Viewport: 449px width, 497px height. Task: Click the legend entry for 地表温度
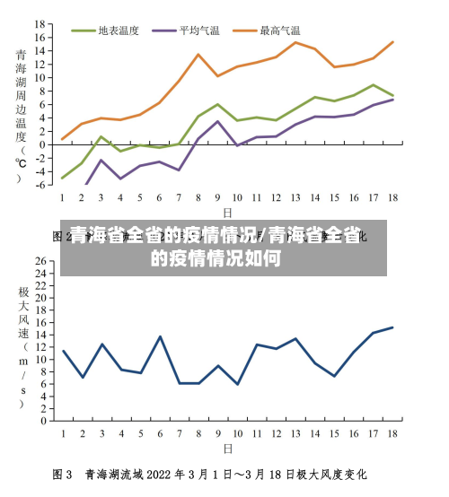[x=118, y=31]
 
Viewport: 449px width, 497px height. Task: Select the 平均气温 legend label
[x=199, y=31]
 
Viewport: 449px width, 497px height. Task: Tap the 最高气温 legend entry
[x=279, y=31]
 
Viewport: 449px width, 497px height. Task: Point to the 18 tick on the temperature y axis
[x=40, y=23]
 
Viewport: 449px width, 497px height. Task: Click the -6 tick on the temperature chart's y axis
[x=40, y=185]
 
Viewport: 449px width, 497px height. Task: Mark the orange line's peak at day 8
[x=198, y=55]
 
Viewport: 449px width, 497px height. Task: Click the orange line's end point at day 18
[x=392, y=42]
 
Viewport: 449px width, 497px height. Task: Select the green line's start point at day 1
[x=62, y=179]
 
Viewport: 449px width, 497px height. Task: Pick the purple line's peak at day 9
[x=217, y=121]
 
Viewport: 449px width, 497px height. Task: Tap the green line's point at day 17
[x=374, y=85]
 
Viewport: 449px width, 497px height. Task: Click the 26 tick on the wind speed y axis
[x=40, y=261]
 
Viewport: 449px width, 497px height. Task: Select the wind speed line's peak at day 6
[x=160, y=336]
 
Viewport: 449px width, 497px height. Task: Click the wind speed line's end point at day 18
[x=392, y=327]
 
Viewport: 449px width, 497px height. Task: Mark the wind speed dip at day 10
[x=237, y=384]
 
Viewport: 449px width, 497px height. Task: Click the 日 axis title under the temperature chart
[x=227, y=213]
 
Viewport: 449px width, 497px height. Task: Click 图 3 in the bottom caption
[x=63, y=475]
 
